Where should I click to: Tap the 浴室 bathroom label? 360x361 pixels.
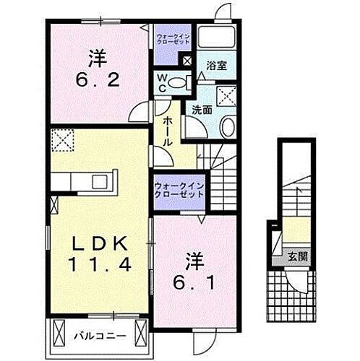(x=216, y=65)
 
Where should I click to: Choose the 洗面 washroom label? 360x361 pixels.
(x=202, y=109)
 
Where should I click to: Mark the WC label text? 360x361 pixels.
(x=163, y=84)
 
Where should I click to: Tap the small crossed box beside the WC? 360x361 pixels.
(x=188, y=61)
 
